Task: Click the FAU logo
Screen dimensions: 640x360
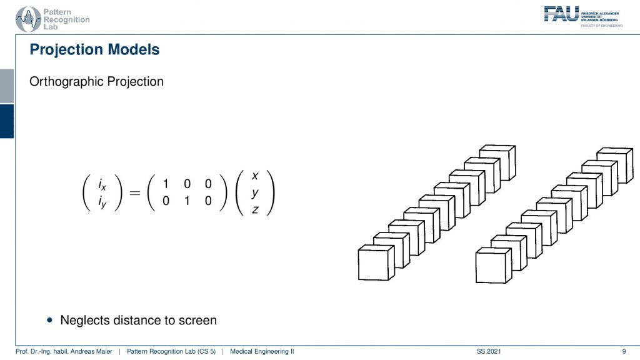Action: click(x=583, y=17)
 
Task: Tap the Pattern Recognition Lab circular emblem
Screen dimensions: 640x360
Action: click(x=28, y=19)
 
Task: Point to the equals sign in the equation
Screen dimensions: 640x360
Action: click(x=135, y=192)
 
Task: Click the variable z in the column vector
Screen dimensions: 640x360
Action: click(x=255, y=209)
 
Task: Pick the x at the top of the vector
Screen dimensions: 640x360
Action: click(x=255, y=176)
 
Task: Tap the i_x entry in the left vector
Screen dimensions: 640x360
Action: click(x=102, y=184)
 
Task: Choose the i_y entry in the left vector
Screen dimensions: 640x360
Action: click(x=102, y=202)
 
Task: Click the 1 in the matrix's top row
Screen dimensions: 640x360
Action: click(x=166, y=184)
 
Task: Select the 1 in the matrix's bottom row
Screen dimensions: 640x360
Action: click(x=187, y=201)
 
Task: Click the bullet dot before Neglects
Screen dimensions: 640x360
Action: click(x=50, y=320)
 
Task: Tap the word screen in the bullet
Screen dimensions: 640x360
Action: click(x=196, y=321)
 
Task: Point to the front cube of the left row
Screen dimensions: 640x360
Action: click(x=376, y=262)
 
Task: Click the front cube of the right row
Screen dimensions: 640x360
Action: click(x=494, y=265)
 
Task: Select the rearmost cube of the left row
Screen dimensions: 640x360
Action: click(x=497, y=162)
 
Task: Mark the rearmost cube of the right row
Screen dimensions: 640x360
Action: click(x=615, y=165)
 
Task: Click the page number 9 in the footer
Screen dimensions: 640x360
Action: click(x=624, y=351)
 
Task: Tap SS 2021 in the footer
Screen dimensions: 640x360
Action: click(x=489, y=351)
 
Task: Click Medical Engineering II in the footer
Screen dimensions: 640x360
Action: click(x=262, y=351)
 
